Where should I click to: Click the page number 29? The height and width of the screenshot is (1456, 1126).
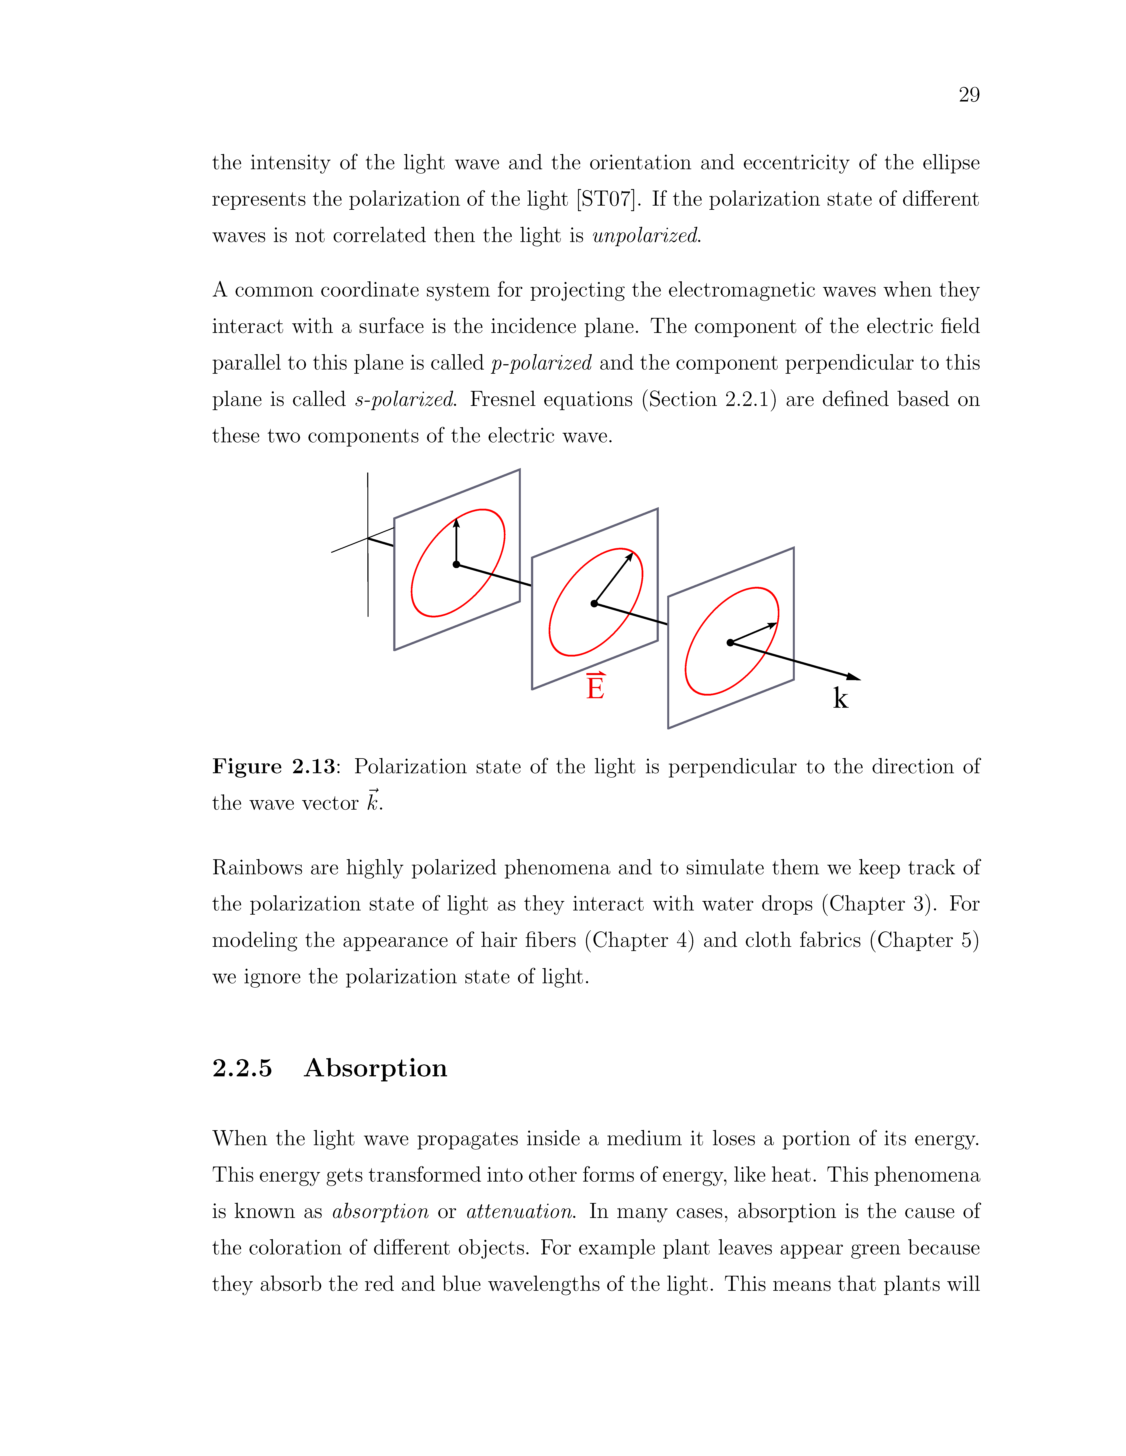[969, 95]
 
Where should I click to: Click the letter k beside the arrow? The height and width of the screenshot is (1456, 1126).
[841, 699]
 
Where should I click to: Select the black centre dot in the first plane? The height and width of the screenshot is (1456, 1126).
[456, 565]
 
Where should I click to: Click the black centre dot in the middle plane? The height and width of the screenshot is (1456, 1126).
[594, 603]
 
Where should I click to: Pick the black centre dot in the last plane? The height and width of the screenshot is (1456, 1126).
[730, 643]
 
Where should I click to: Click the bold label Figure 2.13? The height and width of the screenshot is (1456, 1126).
[274, 767]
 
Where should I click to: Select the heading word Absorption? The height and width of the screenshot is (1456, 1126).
[376, 1068]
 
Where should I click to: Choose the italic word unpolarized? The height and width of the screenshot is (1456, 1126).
[645, 236]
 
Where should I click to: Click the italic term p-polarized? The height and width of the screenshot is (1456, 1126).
[541, 363]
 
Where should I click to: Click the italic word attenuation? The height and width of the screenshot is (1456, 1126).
[519, 1211]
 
